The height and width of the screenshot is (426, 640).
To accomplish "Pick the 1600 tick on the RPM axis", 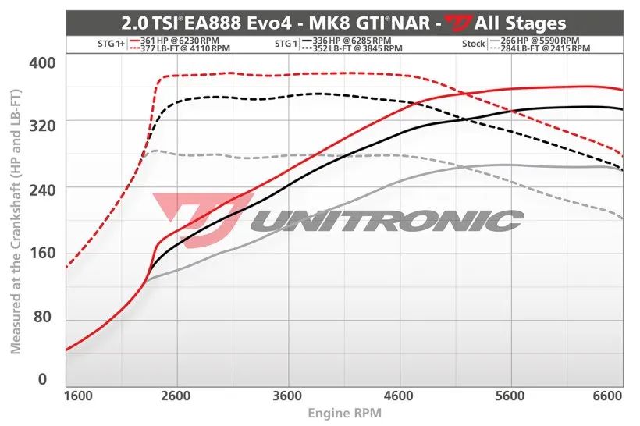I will click(x=79, y=396).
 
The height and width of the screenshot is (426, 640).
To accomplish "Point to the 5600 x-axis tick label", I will click(x=510, y=396).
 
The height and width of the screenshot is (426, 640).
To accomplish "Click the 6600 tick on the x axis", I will click(x=606, y=396).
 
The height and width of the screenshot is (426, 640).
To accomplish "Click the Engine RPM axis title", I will click(x=344, y=413).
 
